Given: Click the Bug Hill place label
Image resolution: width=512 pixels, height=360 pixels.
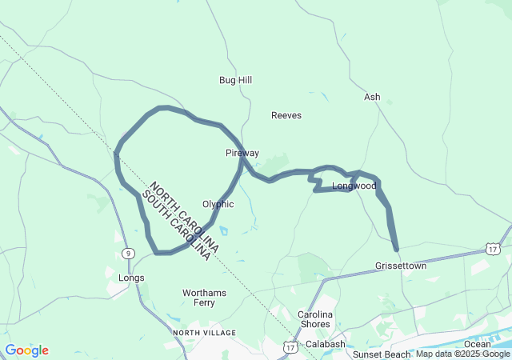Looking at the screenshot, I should tap(235, 80).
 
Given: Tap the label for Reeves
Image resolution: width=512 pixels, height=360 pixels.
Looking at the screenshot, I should tap(286, 115).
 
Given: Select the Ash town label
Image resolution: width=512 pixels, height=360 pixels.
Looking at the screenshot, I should tap(372, 97).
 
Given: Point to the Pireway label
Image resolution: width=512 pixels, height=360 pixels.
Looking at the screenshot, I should tap(242, 152).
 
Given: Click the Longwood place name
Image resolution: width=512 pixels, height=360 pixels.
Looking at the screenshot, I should tap(354, 186).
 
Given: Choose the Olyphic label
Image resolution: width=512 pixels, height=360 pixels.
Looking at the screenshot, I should tap(218, 204).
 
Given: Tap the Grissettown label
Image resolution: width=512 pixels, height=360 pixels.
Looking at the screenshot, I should tap(401, 266).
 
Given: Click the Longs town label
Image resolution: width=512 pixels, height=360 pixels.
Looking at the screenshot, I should tap(131, 278).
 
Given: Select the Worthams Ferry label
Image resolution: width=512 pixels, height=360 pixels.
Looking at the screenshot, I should tap(204, 298).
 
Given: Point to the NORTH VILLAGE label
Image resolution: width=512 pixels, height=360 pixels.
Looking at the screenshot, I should tap(204, 332).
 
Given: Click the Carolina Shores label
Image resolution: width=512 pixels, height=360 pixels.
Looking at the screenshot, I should tap(314, 319).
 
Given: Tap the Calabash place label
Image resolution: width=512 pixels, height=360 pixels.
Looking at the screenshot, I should tap(324, 344).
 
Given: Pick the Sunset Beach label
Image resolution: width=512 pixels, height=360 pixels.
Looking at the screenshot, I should tap(382, 354).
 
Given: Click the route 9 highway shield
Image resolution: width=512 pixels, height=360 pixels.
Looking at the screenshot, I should tap(128, 254).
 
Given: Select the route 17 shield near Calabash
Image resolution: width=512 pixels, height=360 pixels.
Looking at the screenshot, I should tap(290, 348).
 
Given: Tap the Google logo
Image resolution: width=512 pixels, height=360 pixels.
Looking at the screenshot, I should tap(27, 350).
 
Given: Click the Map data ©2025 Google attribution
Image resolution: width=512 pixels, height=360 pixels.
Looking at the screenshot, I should tap(462, 354).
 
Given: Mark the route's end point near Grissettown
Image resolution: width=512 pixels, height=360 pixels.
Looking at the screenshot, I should tap(396, 249).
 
